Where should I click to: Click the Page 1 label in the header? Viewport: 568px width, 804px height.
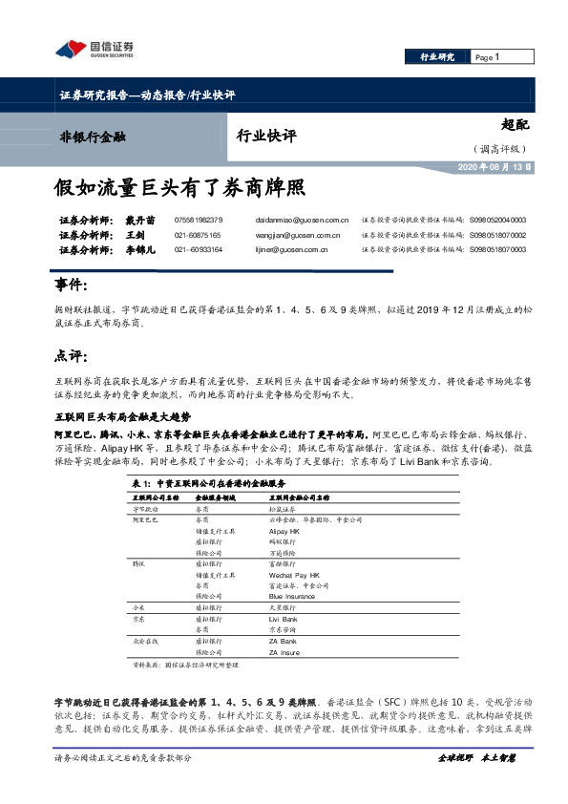click(x=488, y=58)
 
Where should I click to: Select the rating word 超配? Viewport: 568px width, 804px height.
click(x=514, y=125)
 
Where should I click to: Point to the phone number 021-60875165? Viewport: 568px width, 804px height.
click(x=198, y=235)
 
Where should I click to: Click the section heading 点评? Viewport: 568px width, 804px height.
click(x=72, y=356)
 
